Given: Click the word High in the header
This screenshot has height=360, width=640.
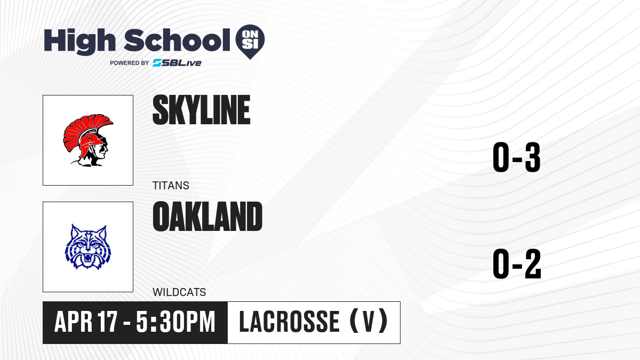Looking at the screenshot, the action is pyautogui.click(x=80, y=42).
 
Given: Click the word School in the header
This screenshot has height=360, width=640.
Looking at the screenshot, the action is pyautogui.click(x=177, y=40).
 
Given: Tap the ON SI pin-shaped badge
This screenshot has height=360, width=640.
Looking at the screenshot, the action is pyautogui.click(x=250, y=40).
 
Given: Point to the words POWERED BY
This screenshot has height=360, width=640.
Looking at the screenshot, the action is pyautogui.click(x=130, y=63).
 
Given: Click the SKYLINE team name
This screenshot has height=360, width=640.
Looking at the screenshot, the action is pyautogui.click(x=202, y=110).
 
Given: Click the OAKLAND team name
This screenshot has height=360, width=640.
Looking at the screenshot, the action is pyautogui.click(x=207, y=217).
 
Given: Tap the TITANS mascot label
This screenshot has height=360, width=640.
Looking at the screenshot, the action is pyautogui.click(x=171, y=186).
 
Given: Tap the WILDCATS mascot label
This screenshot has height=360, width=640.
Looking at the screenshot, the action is pyautogui.click(x=179, y=292).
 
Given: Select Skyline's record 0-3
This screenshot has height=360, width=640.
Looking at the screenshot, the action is pyautogui.click(x=517, y=157).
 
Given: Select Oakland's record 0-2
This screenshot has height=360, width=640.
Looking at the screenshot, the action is pyautogui.click(x=517, y=263).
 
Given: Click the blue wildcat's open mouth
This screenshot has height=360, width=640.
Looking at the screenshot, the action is pyautogui.click(x=87, y=259).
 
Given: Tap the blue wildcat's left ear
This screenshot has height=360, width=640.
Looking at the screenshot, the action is pyautogui.click(x=75, y=231).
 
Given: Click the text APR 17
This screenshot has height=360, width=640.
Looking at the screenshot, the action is pyautogui.click(x=86, y=322).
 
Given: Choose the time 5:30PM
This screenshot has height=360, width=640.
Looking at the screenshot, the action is pyautogui.click(x=175, y=322).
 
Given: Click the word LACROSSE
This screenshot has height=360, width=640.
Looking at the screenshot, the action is pyautogui.click(x=289, y=322).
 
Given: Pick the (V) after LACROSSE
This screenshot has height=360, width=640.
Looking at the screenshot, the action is pyautogui.click(x=369, y=322).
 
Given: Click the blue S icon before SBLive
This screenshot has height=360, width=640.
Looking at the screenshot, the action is pyautogui.click(x=157, y=63).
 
